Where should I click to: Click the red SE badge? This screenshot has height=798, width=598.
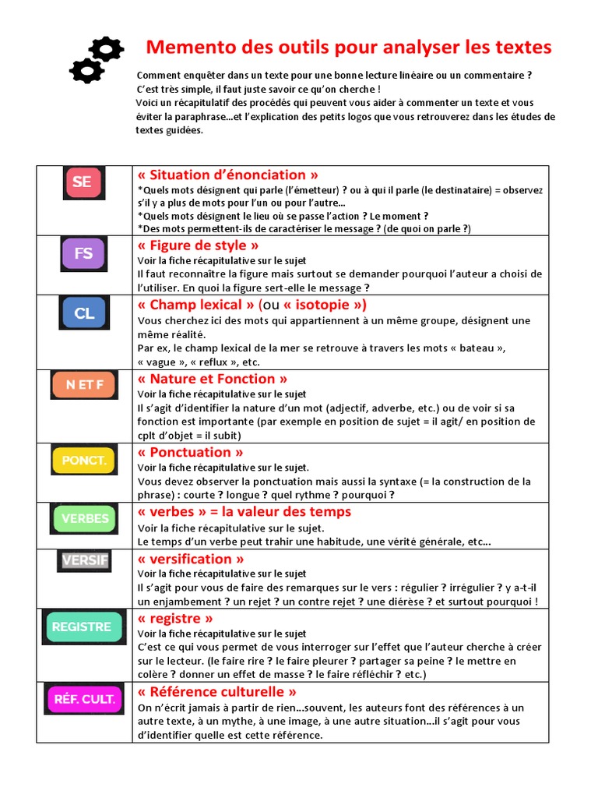pyautogui.click(x=83, y=182)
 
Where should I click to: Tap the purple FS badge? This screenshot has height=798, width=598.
pyautogui.click(x=83, y=253)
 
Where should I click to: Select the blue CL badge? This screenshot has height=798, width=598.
pyautogui.click(x=84, y=313)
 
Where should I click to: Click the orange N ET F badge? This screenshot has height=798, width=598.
pyautogui.click(x=83, y=384)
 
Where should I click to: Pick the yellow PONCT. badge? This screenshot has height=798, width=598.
pyautogui.click(x=83, y=460)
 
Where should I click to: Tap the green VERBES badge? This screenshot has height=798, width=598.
pyautogui.click(x=84, y=518)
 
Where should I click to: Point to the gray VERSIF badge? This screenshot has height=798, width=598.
pyautogui.click(x=84, y=561)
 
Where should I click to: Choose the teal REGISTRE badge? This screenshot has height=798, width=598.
pyautogui.click(x=83, y=627)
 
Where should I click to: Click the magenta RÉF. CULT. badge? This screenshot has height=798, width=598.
pyautogui.click(x=84, y=699)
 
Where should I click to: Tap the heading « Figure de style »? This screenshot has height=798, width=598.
pyautogui.click(x=198, y=245)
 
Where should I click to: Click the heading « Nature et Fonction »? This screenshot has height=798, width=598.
pyautogui.click(x=212, y=379)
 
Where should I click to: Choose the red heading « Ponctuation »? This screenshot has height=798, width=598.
pyautogui.click(x=190, y=452)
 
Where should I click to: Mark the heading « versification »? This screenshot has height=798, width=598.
pyautogui.click(x=190, y=559)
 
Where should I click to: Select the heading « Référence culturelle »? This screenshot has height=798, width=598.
pyautogui.click(x=216, y=691)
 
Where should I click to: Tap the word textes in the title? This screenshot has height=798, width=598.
pyautogui.click(x=522, y=48)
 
